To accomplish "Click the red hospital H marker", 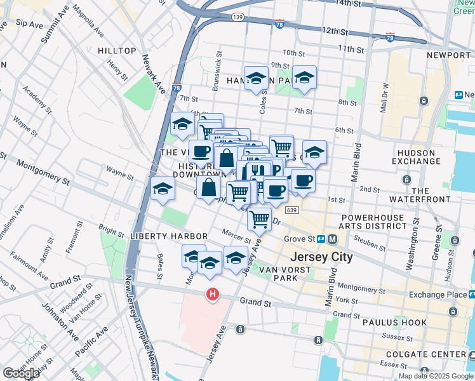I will tap(212, 295).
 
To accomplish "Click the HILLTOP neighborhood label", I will tap(117, 51).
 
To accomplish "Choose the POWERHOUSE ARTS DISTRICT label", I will tap(371, 222).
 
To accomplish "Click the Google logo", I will tap(20, 373).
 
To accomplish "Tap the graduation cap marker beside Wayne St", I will tap(163, 188).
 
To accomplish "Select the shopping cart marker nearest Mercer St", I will tap(259, 219).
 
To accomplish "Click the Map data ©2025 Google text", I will tap(436, 376).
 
